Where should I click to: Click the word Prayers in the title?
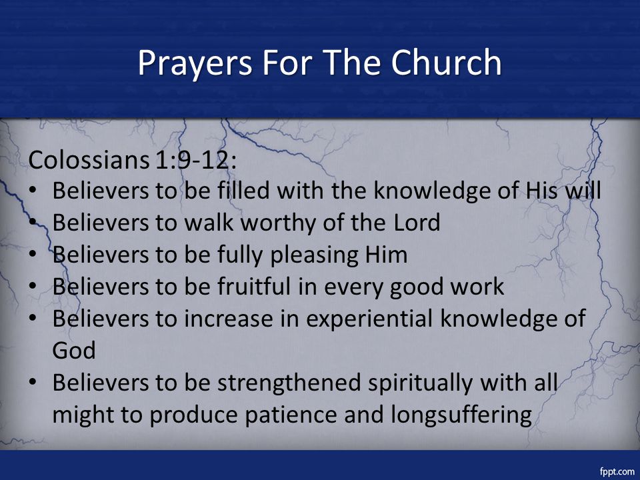[195, 64]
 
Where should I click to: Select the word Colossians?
[89, 159]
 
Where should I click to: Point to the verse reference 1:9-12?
[196, 159]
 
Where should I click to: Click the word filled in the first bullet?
[243, 190]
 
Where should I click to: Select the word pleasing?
[314, 256]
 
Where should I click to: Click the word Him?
[386, 255]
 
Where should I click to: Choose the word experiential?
[369, 319]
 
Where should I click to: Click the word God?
[74, 351]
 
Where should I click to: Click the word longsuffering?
[461, 415]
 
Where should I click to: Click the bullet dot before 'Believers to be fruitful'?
[33, 286]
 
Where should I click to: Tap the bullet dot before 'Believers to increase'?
[33, 318]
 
